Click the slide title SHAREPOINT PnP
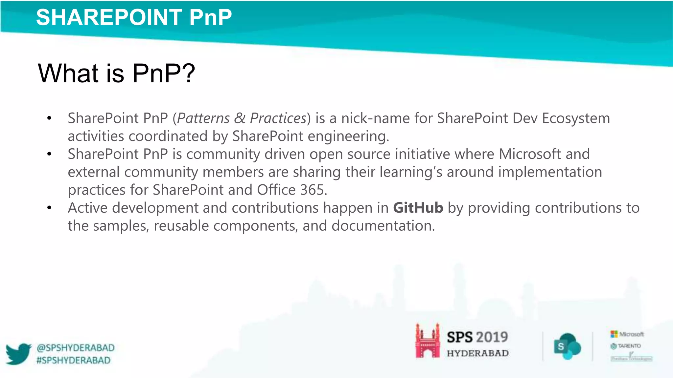(134, 17)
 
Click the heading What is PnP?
(116, 73)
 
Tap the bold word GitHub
(418, 208)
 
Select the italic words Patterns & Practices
(242, 118)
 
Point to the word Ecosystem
(576, 118)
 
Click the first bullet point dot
(49, 118)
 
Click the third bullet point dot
(49, 208)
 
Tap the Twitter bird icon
(18, 354)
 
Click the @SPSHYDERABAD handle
(76, 348)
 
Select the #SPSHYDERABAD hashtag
(74, 360)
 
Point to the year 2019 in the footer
(492, 337)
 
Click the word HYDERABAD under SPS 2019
(477, 353)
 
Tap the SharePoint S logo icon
(567, 346)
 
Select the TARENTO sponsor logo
(626, 346)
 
